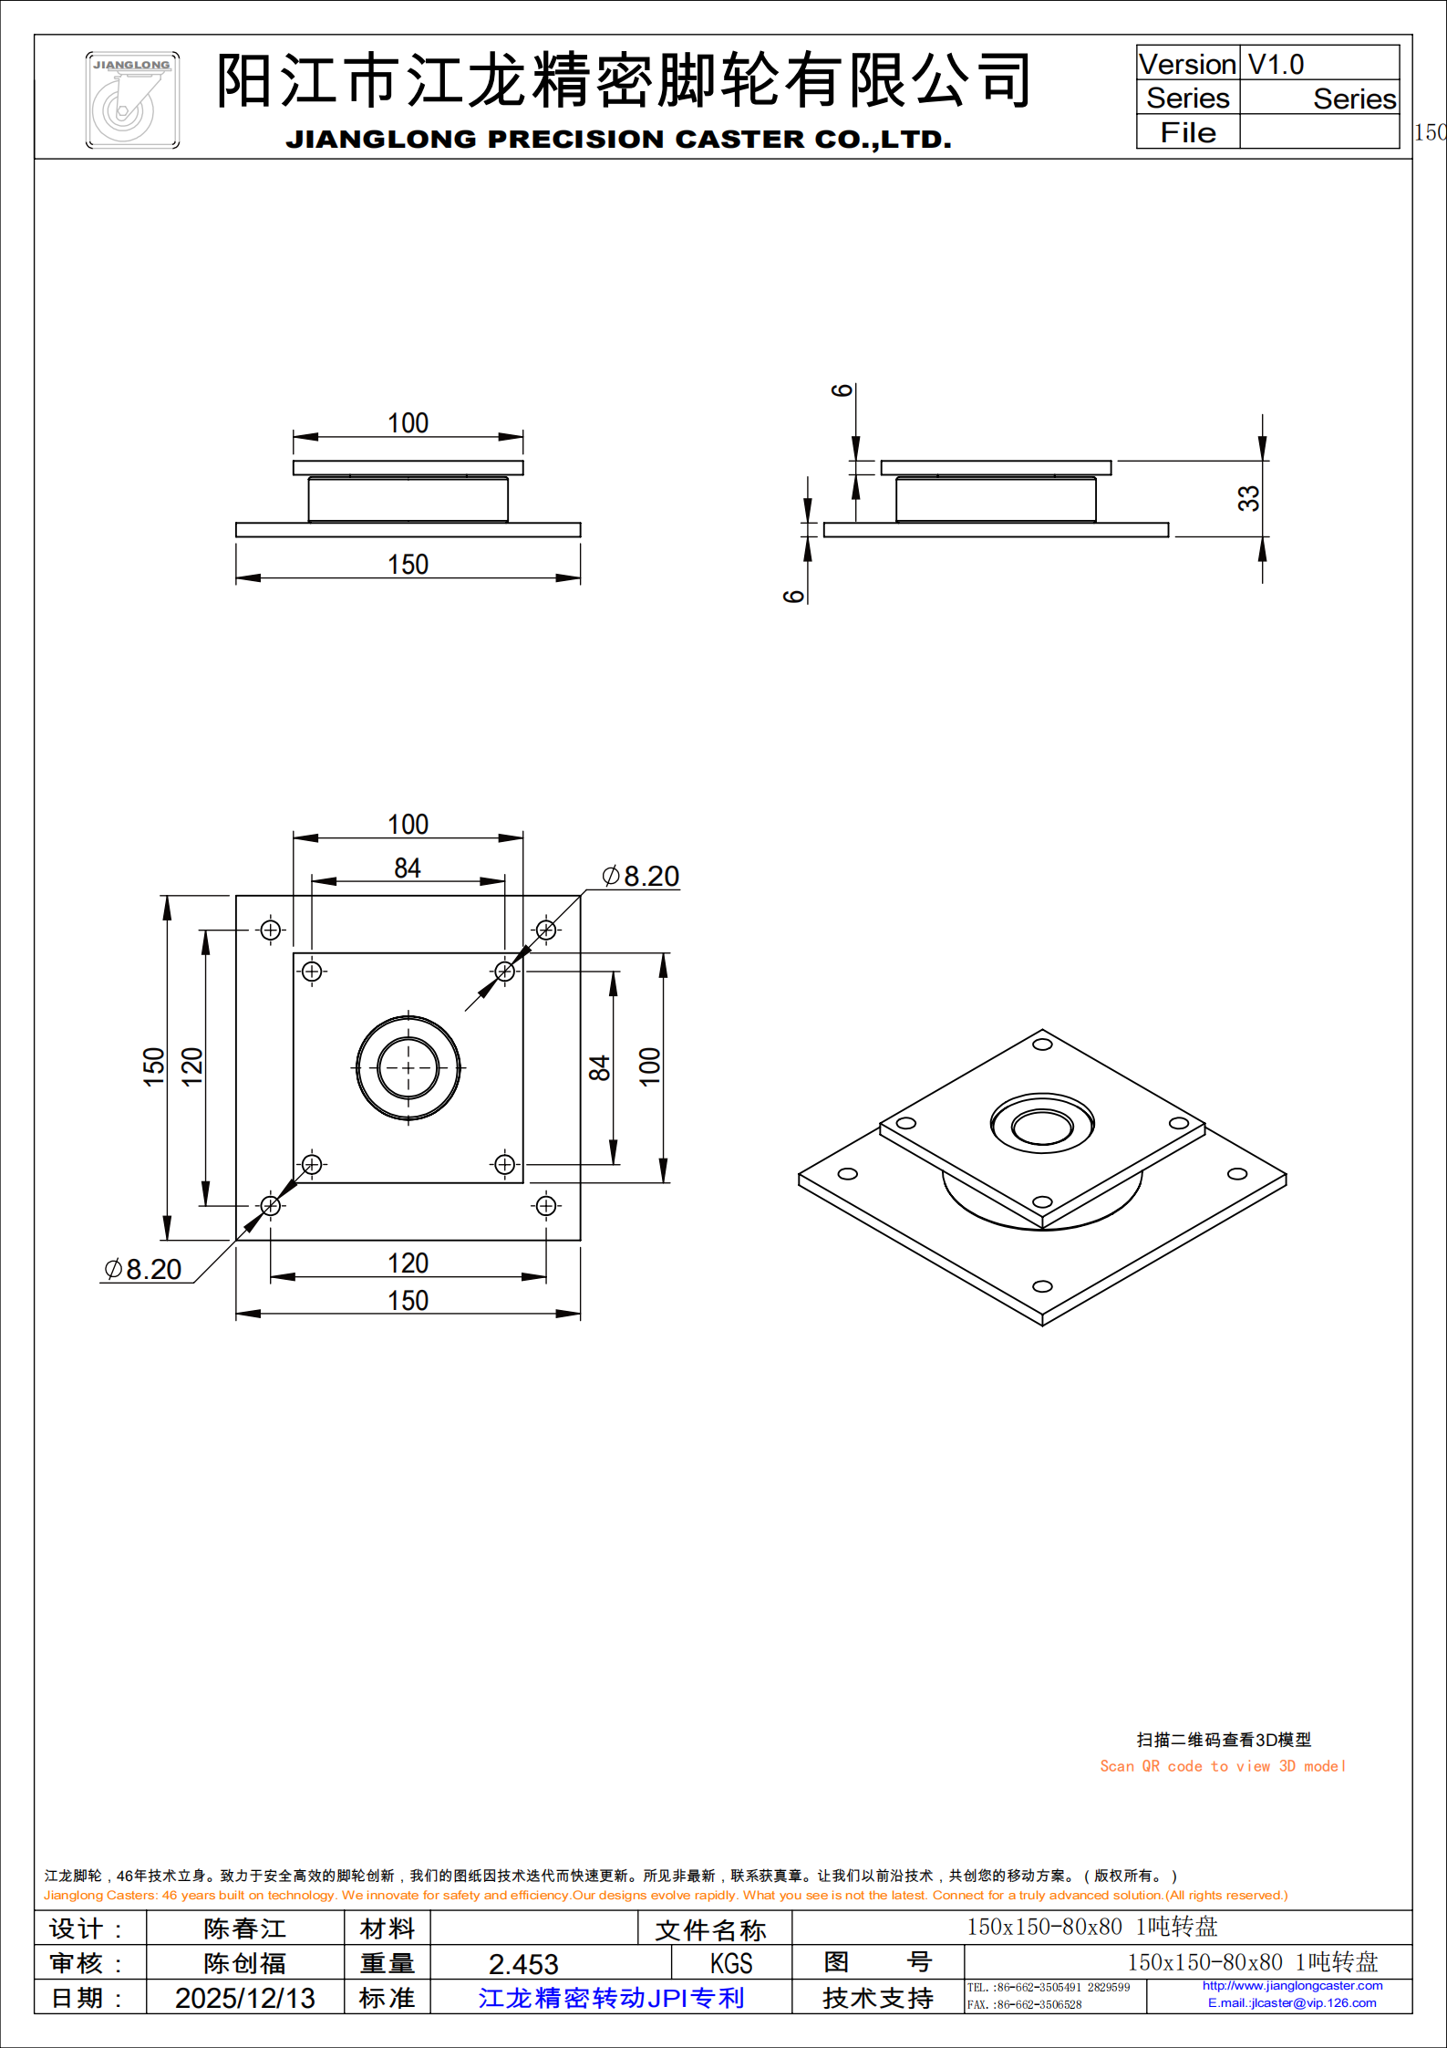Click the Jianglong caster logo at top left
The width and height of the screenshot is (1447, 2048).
tap(132, 100)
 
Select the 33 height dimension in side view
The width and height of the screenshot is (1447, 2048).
tap(1248, 498)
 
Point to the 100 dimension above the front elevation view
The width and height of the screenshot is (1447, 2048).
tap(408, 423)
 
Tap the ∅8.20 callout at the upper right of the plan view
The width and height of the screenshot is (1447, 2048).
tap(641, 876)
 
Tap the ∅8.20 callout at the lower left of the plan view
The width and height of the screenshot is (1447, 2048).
tap(143, 1269)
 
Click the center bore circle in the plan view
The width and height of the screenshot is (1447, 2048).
tap(408, 1067)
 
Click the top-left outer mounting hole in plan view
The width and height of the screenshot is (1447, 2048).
tap(271, 930)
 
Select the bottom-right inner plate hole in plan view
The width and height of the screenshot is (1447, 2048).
tap(504, 1164)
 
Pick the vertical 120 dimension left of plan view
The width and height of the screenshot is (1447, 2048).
tap(192, 1066)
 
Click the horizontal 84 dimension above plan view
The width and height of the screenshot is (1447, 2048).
tap(408, 868)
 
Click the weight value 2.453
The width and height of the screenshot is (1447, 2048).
tap(523, 1963)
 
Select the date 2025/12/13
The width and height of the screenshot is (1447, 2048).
tap(244, 1998)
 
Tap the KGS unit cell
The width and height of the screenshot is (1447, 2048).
tap(731, 1963)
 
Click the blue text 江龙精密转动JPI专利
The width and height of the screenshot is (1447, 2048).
tap(611, 1998)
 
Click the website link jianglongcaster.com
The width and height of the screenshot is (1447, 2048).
tap(1292, 1985)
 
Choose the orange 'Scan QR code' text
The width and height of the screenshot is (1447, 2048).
tap(1222, 1766)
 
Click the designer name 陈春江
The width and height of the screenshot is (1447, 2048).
tap(244, 1928)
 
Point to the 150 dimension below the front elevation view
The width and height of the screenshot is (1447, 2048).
tap(408, 565)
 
